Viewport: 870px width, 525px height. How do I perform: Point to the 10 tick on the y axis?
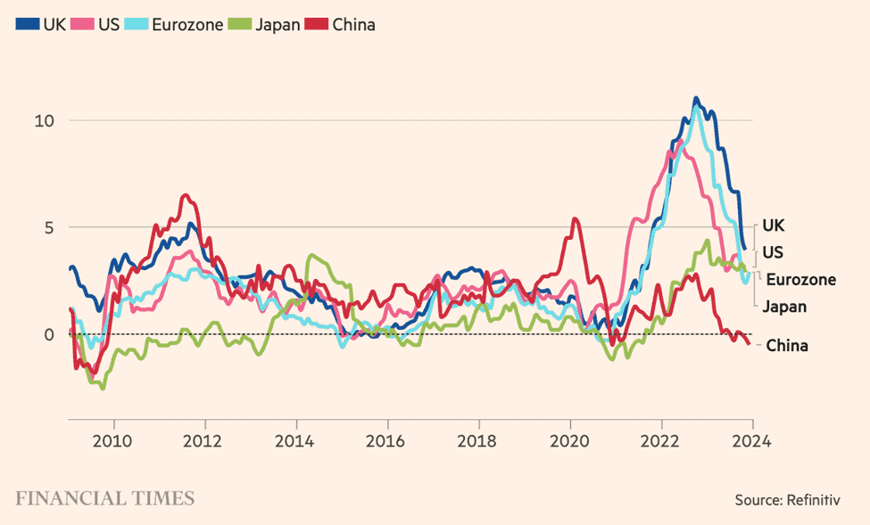click(x=45, y=120)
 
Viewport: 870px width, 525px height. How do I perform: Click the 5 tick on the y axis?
click(x=50, y=227)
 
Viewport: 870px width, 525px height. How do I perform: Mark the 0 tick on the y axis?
click(x=50, y=334)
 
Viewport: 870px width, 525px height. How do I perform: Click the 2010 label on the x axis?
click(x=114, y=439)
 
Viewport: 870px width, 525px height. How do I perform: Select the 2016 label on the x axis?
click(x=387, y=439)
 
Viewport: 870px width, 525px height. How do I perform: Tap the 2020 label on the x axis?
click(x=569, y=439)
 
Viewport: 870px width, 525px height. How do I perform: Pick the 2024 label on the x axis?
click(x=751, y=439)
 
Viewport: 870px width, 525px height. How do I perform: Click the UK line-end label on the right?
click(x=773, y=226)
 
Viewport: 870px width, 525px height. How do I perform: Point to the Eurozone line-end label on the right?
click(x=800, y=279)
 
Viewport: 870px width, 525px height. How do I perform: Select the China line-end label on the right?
click(x=787, y=345)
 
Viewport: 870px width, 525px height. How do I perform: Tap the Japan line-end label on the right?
click(x=784, y=307)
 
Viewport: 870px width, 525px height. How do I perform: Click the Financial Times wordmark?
click(x=104, y=497)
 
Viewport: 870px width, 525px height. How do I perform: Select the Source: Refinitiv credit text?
click(x=788, y=500)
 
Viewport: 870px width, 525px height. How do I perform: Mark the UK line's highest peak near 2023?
click(x=696, y=99)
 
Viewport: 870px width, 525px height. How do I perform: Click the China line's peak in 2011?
click(x=186, y=195)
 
